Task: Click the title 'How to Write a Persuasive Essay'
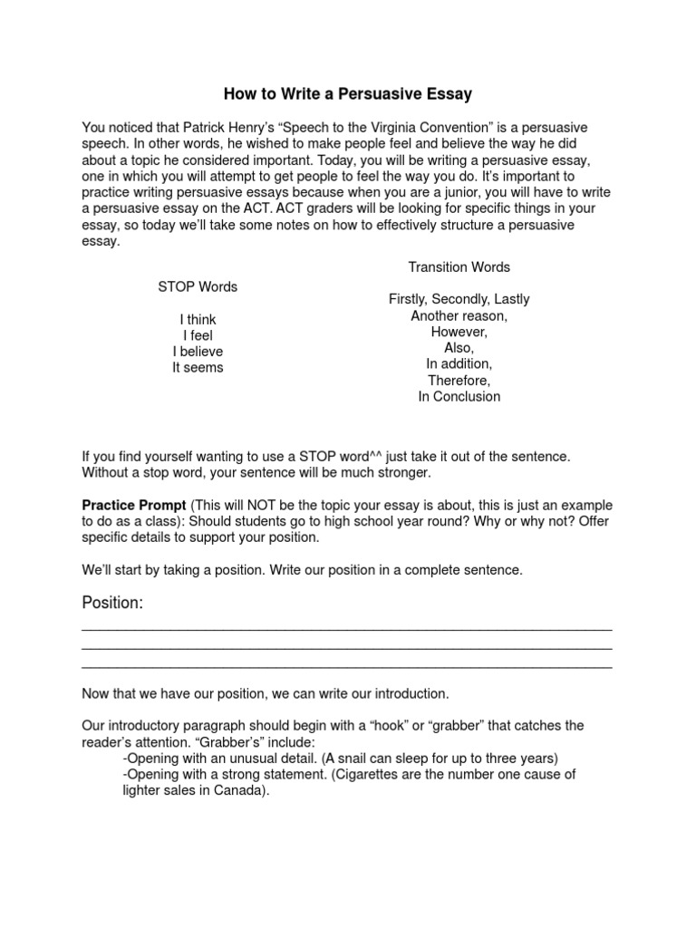348,93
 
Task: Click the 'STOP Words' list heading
198,286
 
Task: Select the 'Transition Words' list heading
459,266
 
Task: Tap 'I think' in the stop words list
198,319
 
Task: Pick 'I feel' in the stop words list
198,335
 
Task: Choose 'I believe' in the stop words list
198,352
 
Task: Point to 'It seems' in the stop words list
198,368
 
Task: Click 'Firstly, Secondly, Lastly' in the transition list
459,299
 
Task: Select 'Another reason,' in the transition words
459,315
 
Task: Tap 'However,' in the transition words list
459,332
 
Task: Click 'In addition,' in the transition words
459,364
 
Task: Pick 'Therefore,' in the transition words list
459,381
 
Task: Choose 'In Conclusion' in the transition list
459,397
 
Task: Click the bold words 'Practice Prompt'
134,505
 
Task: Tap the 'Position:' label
112,604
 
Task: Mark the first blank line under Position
347,627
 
